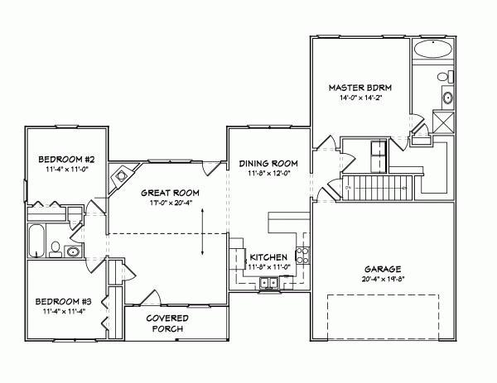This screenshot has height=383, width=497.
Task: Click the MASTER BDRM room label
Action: pyautogui.click(x=360, y=87)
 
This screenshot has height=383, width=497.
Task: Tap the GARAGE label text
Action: pyautogui.click(x=383, y=270)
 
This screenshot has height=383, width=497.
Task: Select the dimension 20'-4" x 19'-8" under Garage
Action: pyautogui.click(x=383, y=280)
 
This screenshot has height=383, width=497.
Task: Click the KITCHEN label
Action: pyautogui.click(x=269, y=257)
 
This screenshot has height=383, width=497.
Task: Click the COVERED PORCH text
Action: pyautogui.click(x=167, y=323)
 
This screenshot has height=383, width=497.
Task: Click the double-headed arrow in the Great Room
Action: pyautogui.click(x=205, y=240)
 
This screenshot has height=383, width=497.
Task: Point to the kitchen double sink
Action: pyautogui.click(x=270, y=284)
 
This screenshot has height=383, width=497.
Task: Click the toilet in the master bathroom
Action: pyautogui.click(x=444, y=77)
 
